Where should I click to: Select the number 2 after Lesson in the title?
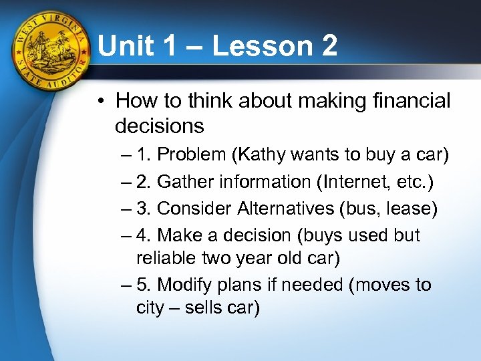click(326, 47)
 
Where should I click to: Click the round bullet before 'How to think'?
click(100, 102)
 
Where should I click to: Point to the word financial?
click(412, 101)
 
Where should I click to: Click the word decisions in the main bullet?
click(159, 125)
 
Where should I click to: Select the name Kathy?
click(257, 154)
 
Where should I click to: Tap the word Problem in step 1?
click(191, 154)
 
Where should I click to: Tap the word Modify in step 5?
click(180, 285)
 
